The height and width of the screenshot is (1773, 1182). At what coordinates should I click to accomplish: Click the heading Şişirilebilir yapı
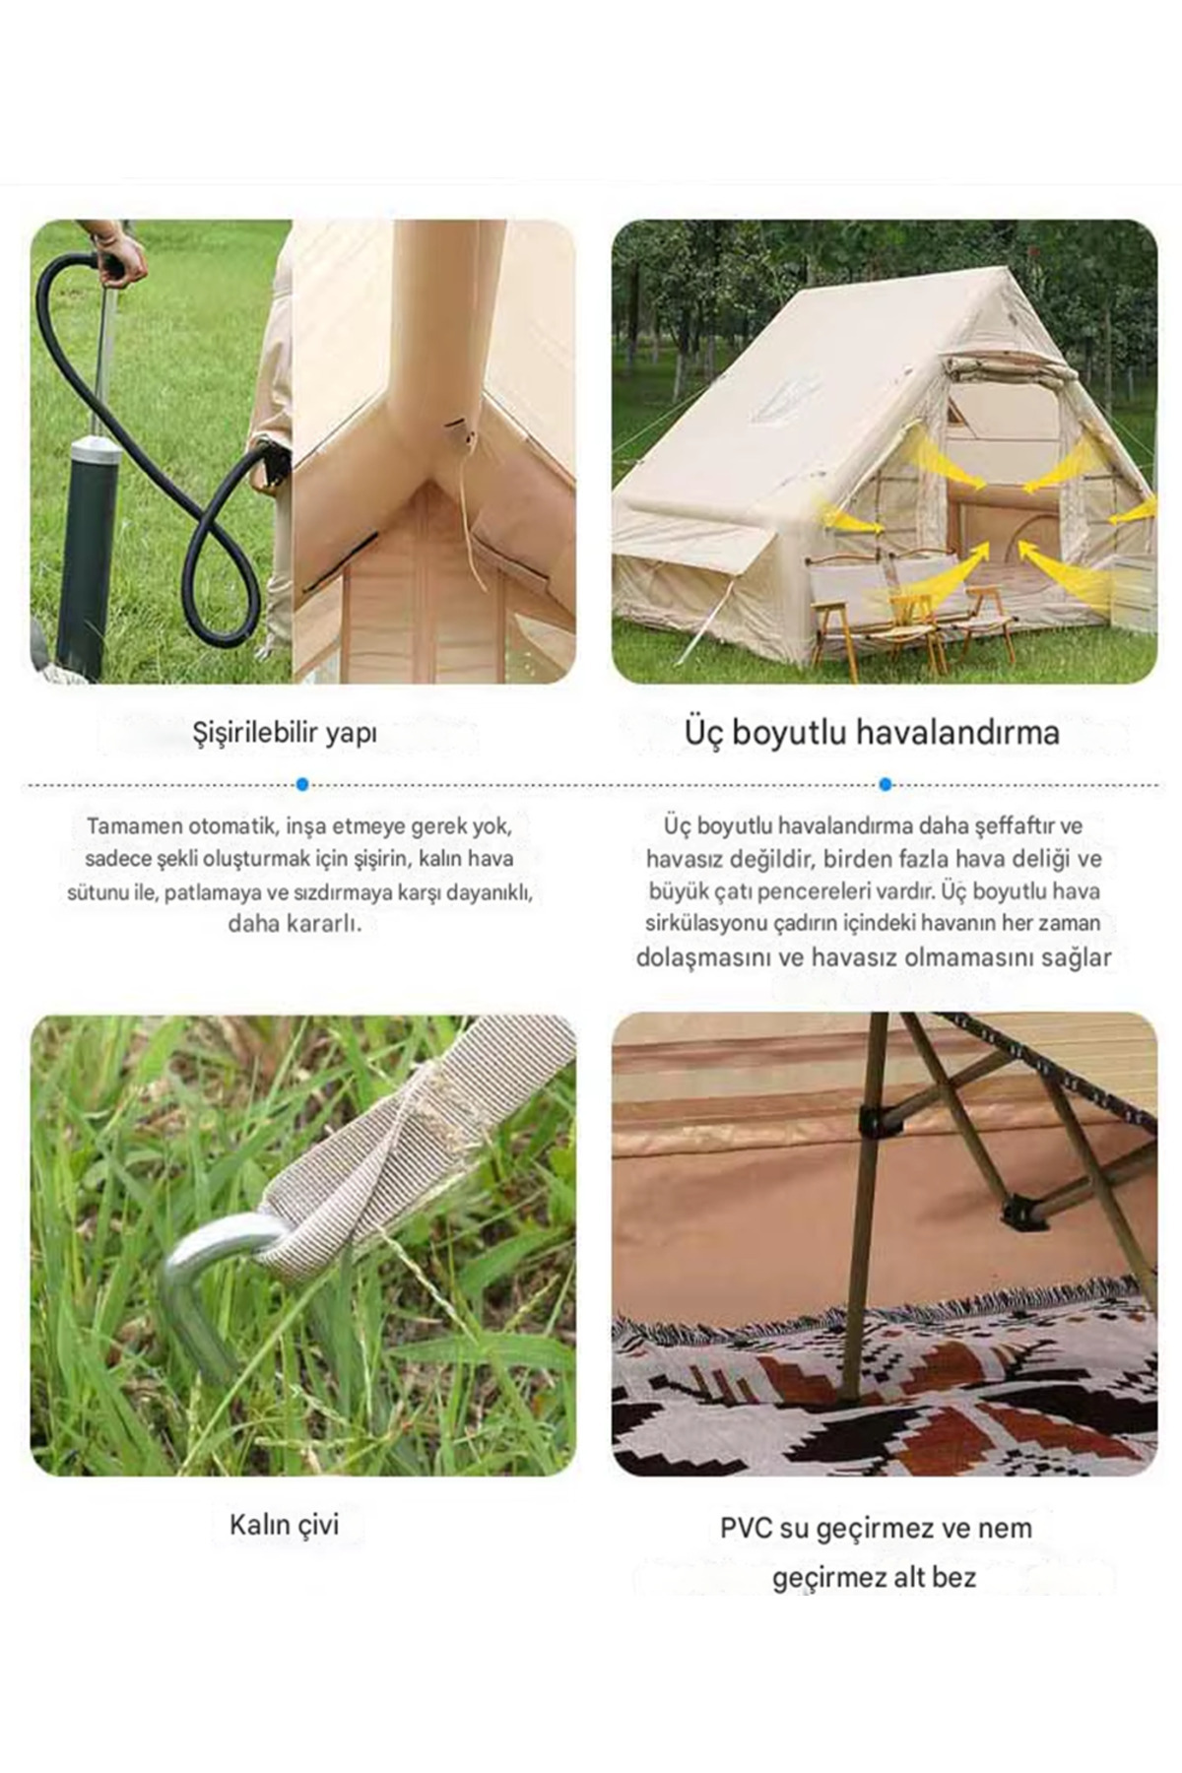pos(285,734)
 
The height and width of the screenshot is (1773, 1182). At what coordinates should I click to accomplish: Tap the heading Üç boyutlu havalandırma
pos(872,733)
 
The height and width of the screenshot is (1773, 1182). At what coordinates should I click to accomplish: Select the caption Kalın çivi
pos(284,1525)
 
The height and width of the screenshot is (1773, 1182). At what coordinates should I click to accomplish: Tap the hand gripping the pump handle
pos(120,259)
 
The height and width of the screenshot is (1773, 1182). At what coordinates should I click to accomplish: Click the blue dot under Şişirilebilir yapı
pos(302,784)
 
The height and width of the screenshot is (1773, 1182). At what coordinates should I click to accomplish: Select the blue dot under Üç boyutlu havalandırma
pos(886,784)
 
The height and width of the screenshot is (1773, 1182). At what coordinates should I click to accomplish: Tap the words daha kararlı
pos(295,924)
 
